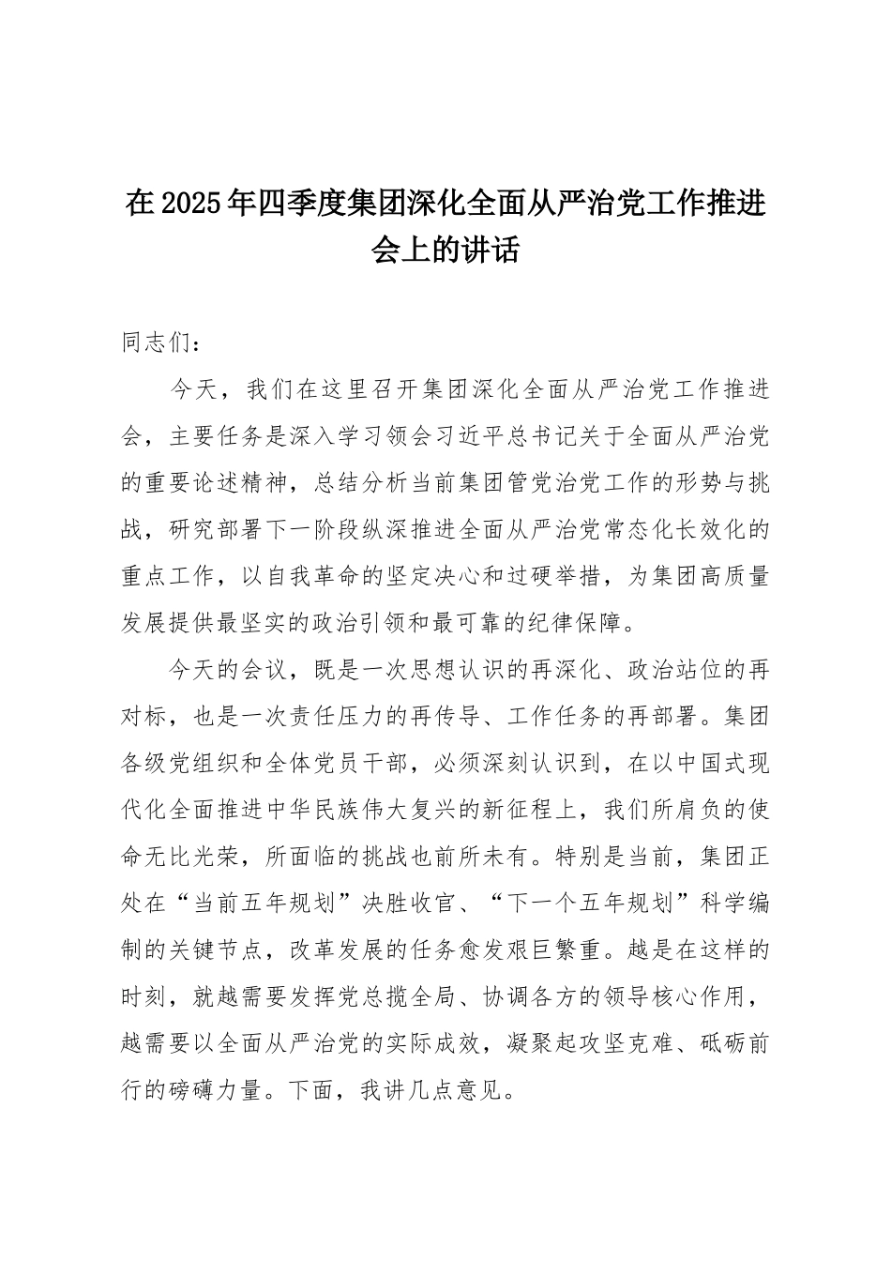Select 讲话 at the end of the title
pos(494,249)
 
